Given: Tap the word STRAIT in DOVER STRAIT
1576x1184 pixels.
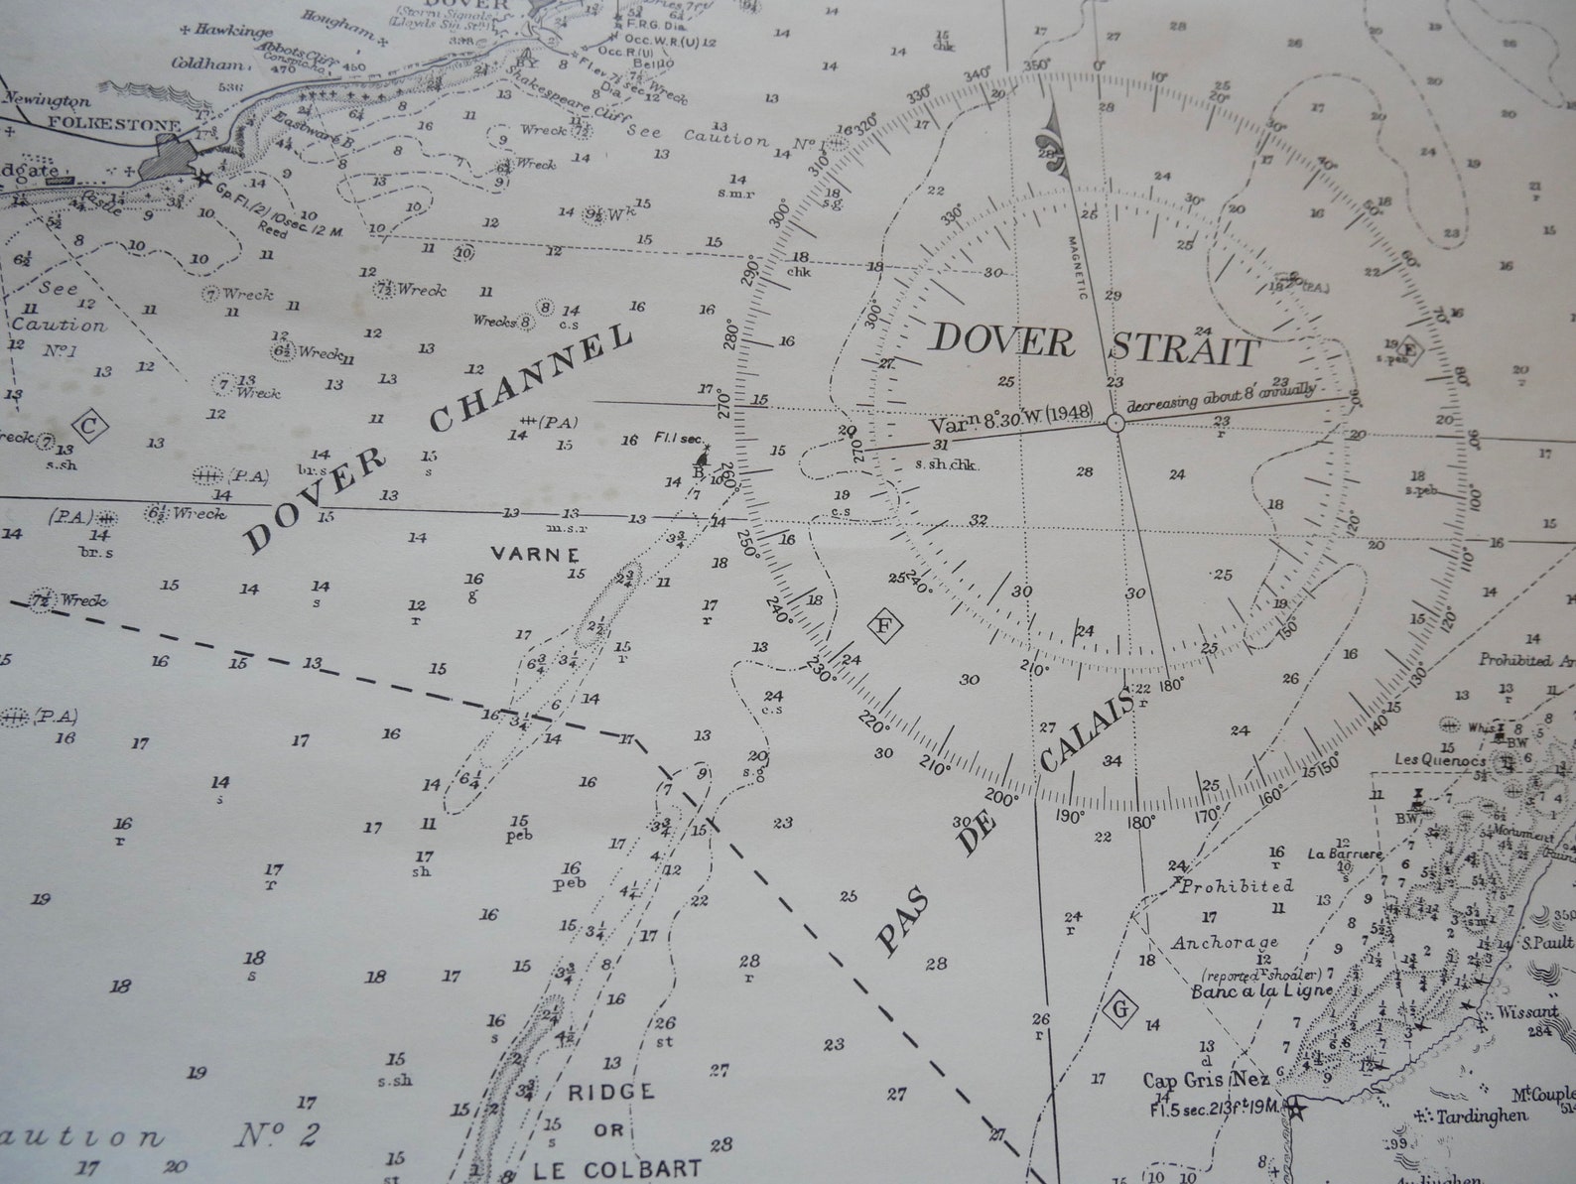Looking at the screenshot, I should tap(1183, 350).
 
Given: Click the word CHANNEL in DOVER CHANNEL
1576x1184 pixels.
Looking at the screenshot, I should tap(532, 378).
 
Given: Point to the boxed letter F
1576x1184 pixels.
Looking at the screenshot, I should tap(883, 626).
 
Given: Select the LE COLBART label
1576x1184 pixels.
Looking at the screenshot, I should tap(616, 1168).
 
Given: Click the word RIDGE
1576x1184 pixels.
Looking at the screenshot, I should tap(610, 1092).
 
